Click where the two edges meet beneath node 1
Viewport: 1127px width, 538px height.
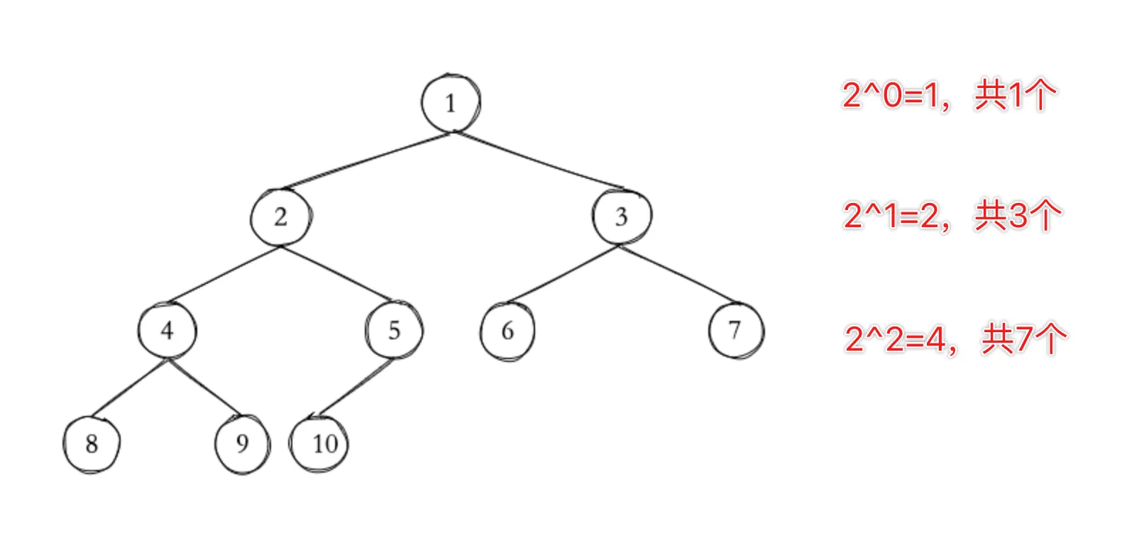(452, 132)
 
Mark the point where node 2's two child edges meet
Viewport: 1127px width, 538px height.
(281, 246)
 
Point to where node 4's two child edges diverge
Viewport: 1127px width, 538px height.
(168, 359)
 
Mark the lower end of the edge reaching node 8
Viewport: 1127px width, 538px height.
(92, 416)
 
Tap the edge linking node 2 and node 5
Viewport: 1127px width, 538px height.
(336, 273)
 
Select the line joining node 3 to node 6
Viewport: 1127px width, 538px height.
(563, 274)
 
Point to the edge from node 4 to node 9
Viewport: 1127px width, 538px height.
(205, 388)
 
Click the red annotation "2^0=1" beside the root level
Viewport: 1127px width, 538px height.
(891, 95)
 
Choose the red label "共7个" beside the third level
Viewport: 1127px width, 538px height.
(1024, 339)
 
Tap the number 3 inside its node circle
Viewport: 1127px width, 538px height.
(622, 217)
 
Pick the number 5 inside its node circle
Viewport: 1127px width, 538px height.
(395, 331)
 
